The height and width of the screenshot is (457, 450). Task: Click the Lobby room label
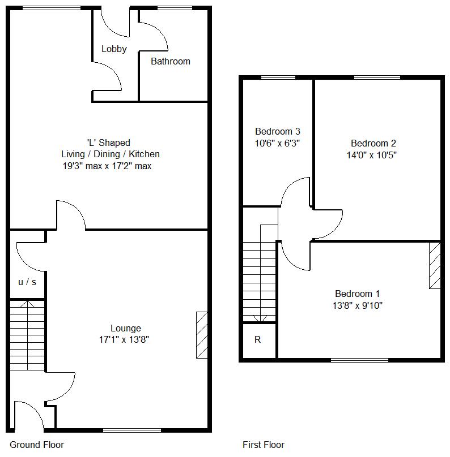[x=114, y=49]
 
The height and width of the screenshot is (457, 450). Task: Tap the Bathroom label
[x=171, y=61]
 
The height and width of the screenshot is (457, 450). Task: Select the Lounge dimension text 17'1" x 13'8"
[x=124, y=339]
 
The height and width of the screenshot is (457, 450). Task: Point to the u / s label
[x=27, y=282]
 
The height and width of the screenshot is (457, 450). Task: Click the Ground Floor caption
[x=37, y=445]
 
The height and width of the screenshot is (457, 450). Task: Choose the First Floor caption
[x=264, y=445]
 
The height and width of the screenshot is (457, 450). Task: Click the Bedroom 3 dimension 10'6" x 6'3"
[x=277, y=143]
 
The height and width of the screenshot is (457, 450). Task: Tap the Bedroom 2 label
[x=373, y=143]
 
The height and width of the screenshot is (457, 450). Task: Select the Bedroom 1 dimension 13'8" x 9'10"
[x=358, y=305]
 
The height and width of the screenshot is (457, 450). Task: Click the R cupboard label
[x=257, y=339]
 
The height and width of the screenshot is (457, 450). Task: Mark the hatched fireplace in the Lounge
[x=202, y=335]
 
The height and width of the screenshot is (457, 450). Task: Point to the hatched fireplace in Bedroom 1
[x=435, y=265]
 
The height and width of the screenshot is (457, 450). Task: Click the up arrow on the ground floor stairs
[x=27, y=304]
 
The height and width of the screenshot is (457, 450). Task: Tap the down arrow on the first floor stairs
[x=260, y=318]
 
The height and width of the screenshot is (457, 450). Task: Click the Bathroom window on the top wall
[x=175, y=8]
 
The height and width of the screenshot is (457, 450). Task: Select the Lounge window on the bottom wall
[x=132, y=430]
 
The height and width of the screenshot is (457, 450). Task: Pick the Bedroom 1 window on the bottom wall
[x=359, y=360]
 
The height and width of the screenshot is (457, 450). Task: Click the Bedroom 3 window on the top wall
[x=278, y=77]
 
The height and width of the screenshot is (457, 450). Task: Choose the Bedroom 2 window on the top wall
[x=377, y=77]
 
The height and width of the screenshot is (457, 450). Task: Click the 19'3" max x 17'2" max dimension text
[x=107, y=166]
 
